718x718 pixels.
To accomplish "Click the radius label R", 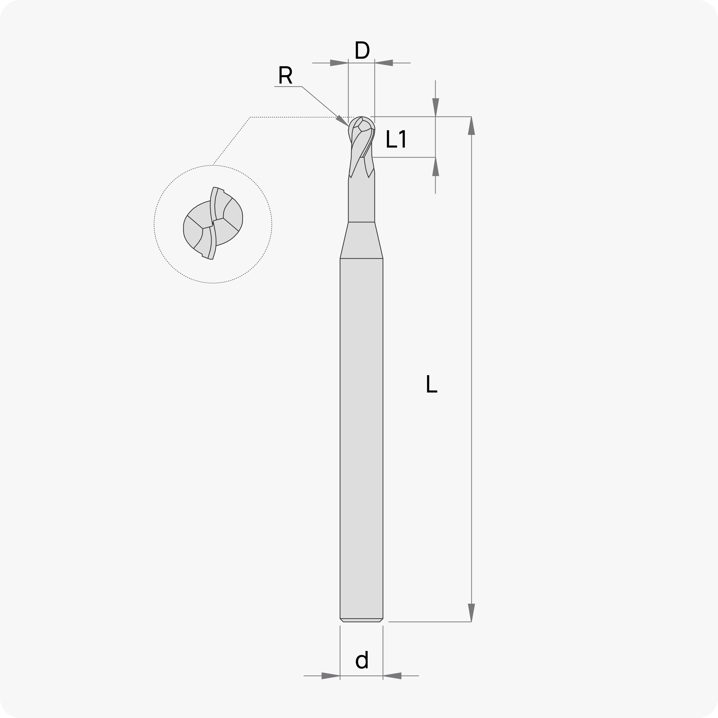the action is point(285,75).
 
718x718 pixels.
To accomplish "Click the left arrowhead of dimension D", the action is point(339,63).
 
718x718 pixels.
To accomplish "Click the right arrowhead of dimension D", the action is point(383,63).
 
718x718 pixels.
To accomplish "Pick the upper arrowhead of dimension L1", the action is point(436,107).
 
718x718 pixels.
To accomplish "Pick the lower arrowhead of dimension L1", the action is point(436,166).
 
